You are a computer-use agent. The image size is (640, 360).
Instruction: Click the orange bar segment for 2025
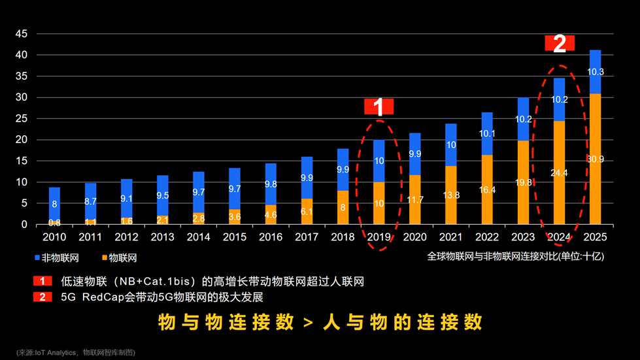pos(595,159)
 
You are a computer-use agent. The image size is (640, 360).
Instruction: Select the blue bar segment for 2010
pos(54,204)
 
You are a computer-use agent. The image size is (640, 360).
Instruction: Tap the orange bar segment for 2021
pos(451,195)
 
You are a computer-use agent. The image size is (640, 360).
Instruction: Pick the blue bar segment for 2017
pos(307,178)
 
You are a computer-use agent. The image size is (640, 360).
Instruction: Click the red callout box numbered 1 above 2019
pos(379,106)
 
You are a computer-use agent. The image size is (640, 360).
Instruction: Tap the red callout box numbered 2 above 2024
pos(560,43)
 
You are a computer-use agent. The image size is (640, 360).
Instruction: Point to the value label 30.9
pos(595,159)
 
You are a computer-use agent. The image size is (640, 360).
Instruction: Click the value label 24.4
pos(559,173)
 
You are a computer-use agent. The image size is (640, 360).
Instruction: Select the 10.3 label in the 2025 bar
pos(595,72)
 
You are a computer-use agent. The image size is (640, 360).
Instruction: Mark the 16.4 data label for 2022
pos(487,190)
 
